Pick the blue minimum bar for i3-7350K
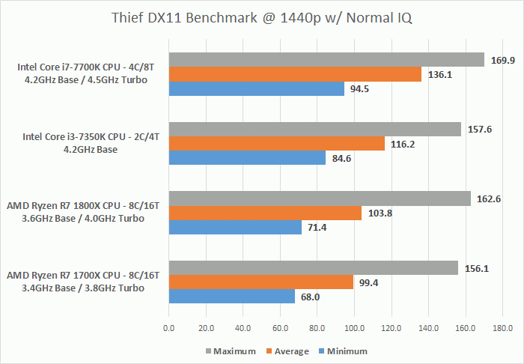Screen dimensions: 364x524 [247, 158]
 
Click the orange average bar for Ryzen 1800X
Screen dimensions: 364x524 [265, 213]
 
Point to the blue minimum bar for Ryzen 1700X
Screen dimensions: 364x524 [232, 297]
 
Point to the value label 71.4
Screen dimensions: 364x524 [318, 227]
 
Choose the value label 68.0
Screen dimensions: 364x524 [311, 297]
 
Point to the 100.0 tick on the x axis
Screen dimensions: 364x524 [354, 328]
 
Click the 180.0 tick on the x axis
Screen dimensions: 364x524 [503, 328]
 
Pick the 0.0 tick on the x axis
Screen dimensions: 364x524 [168, 328]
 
